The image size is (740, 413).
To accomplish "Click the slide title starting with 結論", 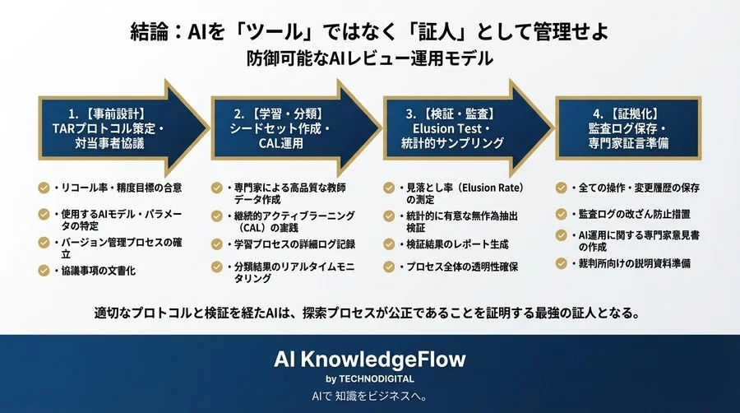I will pyautogui.click(x=370, y=32).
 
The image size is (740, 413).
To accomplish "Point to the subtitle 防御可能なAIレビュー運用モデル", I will pyautogui.click(x=370, y=58).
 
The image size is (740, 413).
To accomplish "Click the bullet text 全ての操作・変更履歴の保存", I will pyautogui.click(x=634, y=188).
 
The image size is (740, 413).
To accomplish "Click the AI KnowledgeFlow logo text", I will pyautogui.click(x=369, y=360).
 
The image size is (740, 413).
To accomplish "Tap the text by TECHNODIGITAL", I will pyautogui.click(x=369, y=378).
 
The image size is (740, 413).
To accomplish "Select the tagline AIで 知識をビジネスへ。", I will pyautogui.click(x=369, y=397).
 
